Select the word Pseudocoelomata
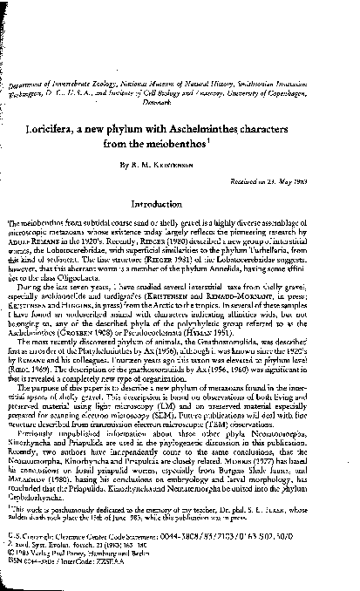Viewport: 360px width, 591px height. click(x=215, y=323)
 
